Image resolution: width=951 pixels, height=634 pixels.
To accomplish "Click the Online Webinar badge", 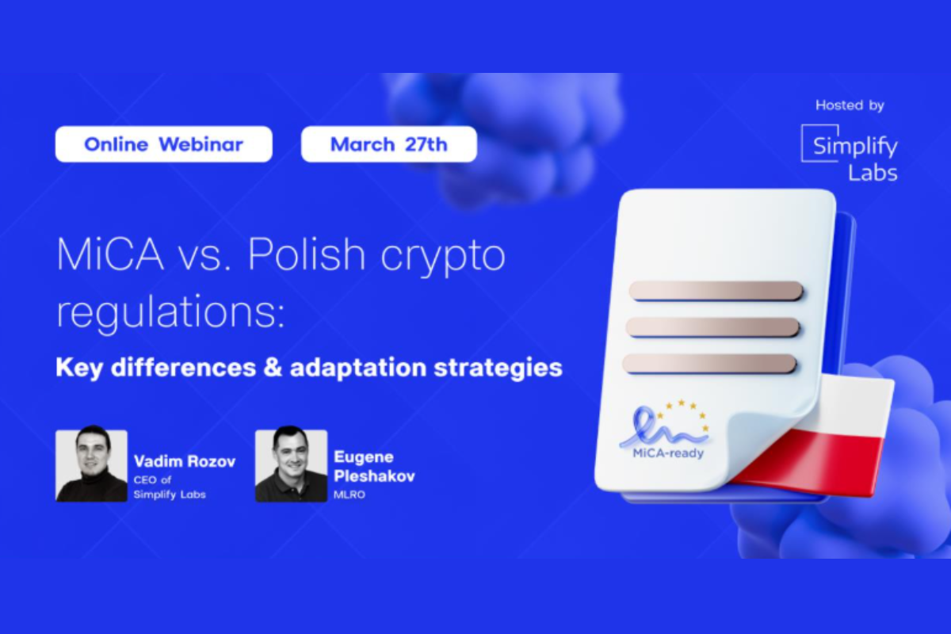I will (x=163, y=144).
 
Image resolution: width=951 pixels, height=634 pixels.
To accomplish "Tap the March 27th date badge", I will (x=388, y=144).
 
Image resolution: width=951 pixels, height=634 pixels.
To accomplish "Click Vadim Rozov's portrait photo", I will (x=91, y=465).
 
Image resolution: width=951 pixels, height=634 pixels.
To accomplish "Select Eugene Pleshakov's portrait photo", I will (x=291, y=465).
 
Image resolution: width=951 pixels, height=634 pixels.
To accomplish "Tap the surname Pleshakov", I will (x=374, y=476).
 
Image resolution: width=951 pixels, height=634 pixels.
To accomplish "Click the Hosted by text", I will (x=850, y=105).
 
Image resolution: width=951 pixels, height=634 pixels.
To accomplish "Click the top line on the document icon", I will (x=716, y=291).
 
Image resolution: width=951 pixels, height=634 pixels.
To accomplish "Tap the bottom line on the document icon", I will (x=709, y=364).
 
